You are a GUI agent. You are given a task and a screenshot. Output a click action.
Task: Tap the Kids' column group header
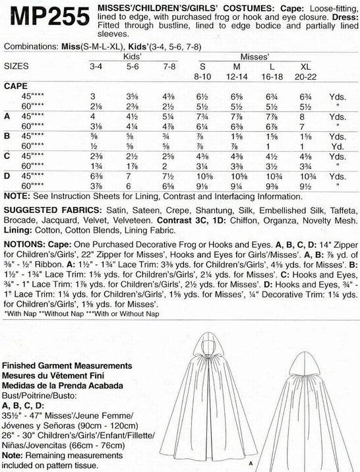(132, 58)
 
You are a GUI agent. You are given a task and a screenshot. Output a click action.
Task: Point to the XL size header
(305, 67)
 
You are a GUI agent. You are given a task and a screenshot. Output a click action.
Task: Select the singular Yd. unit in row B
(336, 147)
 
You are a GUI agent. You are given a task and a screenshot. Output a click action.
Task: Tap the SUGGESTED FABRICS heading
(49, 208)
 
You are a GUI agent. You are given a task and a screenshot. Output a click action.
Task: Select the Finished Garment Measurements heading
(65, 365)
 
